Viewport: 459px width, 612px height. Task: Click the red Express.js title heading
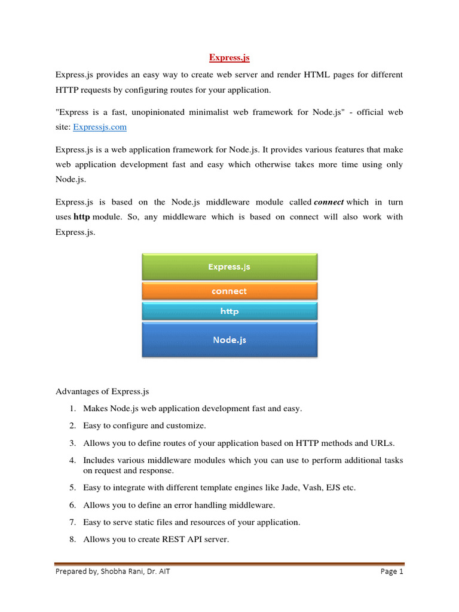click(229, 58)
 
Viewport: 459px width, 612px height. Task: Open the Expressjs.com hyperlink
click(99, 127)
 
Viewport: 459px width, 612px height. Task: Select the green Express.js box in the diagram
click(229, 267)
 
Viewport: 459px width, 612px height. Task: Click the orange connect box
click(229, 291)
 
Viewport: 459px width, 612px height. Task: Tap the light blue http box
click(229, 311)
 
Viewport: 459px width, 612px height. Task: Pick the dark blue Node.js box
click(229, 339)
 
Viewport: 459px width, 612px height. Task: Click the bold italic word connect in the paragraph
click(329, 203)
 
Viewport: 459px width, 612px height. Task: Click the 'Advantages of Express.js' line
click(102, 392)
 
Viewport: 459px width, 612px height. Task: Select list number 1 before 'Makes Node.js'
click(72, 409)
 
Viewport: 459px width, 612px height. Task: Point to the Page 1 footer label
click(392, 572)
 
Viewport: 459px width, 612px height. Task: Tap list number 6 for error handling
click(72, 505)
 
